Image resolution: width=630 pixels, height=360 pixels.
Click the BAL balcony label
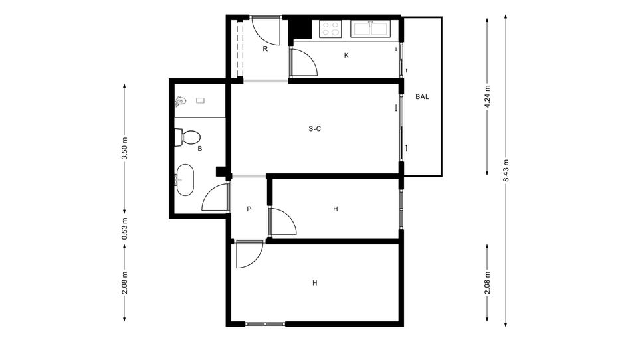tap(422, 97)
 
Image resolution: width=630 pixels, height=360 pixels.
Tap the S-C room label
tap(315, 129)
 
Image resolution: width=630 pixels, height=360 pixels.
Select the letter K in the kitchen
tap(346, 56)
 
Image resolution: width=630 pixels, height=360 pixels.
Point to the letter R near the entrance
tap(265, 49)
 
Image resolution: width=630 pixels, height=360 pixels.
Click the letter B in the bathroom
tap(199, 149)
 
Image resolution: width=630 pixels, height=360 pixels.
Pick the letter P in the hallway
tap(249, 209)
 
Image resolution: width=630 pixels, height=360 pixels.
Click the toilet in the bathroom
tap(187, 137)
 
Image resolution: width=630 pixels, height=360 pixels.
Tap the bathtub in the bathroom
tap(185, 179)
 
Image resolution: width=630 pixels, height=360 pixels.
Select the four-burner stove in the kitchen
tap(330, 28)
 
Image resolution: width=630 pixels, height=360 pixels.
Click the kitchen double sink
tap(371, 28)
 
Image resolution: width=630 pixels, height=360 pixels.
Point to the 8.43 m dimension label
tap(506, 170)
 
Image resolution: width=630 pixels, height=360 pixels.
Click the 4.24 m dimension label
tap(488, 96)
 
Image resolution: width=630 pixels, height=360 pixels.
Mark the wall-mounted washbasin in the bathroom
tap(180, 101)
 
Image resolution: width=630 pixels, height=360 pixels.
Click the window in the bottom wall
tap(264, 323)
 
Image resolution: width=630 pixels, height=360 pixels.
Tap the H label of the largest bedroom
tap(315, 283)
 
